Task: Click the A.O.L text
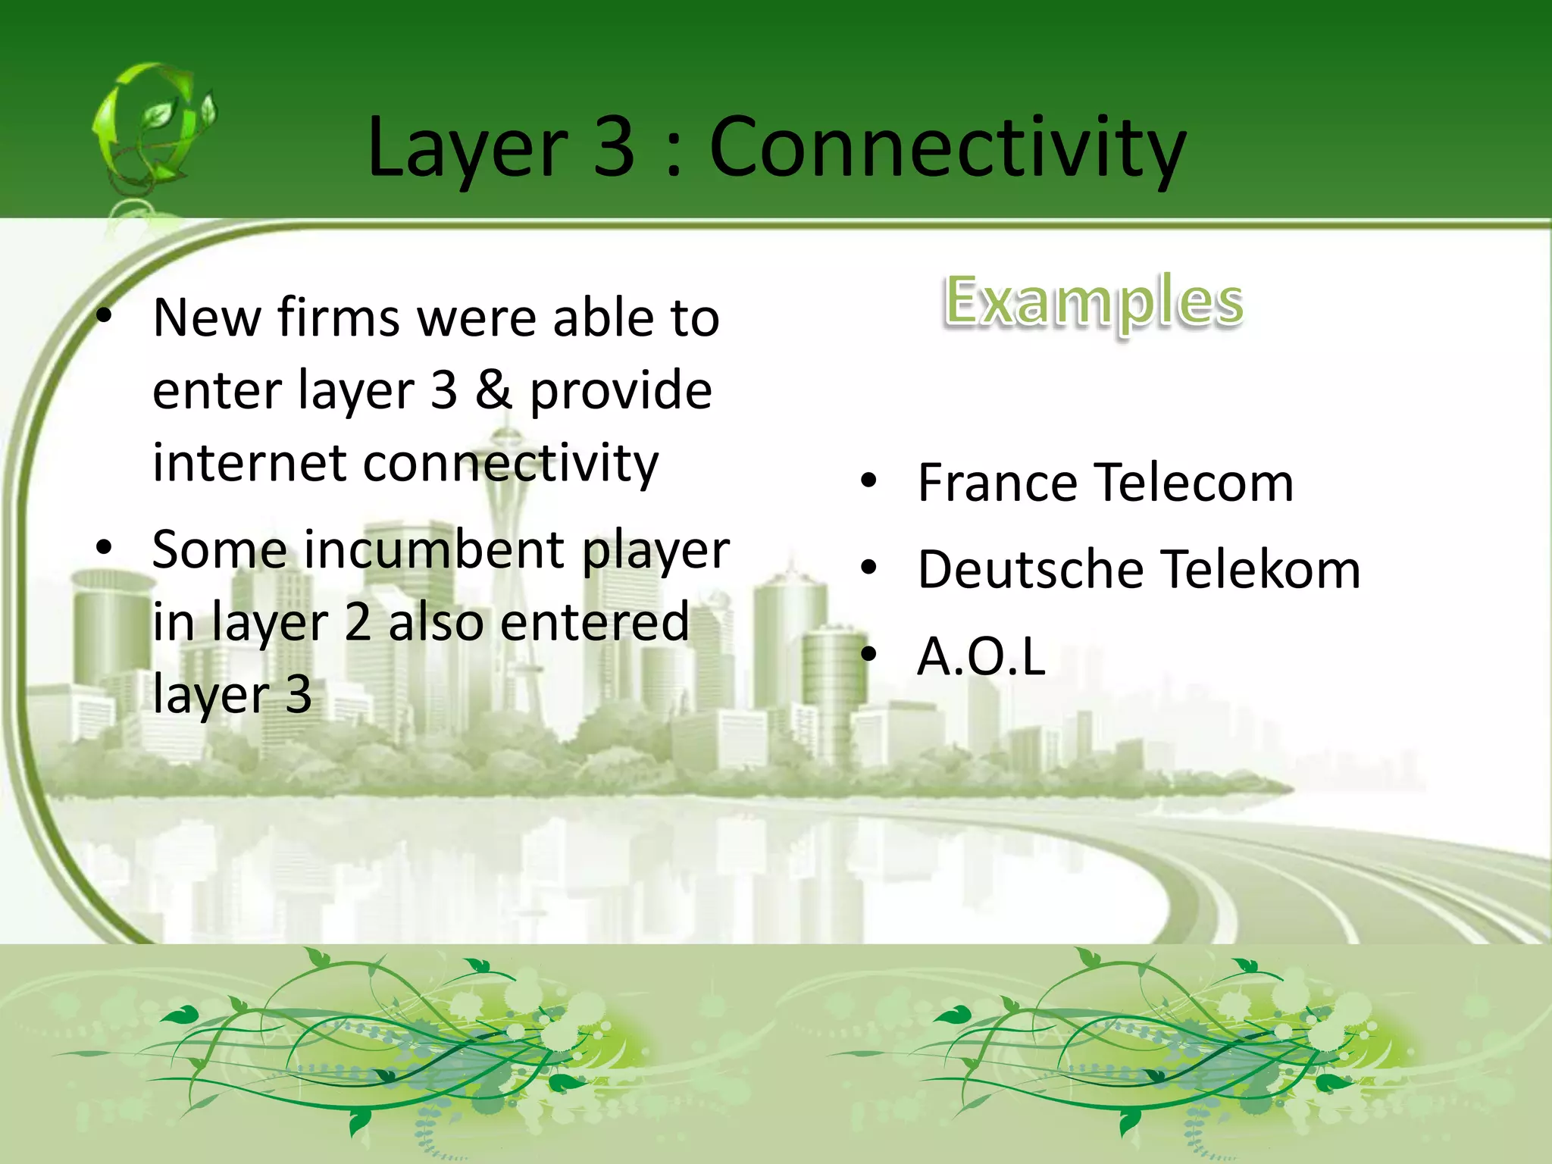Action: pos(981,656)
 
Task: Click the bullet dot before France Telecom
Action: pos(868,480)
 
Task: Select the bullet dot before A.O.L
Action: pos(868,653)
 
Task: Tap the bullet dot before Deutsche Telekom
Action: pos(868,567)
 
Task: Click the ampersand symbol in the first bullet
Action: pos(493,391)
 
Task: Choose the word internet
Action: pos(249,463)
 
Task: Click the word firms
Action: pos(338,318)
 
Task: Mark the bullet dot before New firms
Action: pos(104,315)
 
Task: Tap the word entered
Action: pos(595,622)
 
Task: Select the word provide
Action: pos(621,391)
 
